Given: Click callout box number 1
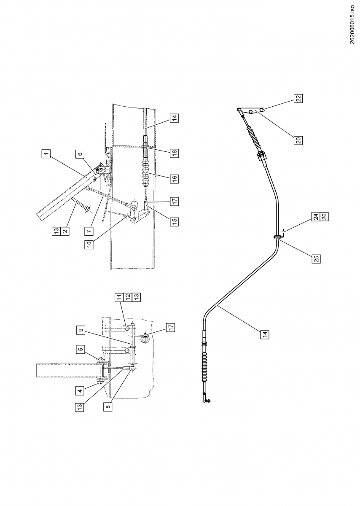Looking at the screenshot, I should click(x=46, y=154).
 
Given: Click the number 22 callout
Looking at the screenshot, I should click(x=298, y=99).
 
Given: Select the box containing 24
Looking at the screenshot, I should click(x=315, y=217).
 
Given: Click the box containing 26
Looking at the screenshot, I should click(x=324, y=217).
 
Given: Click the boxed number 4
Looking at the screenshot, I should click(x=80, y=391).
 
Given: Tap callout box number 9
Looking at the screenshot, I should click(x=80, y=329).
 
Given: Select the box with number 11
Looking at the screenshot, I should click(x=119, y=298).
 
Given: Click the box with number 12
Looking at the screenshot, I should click(x=127, y=298).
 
